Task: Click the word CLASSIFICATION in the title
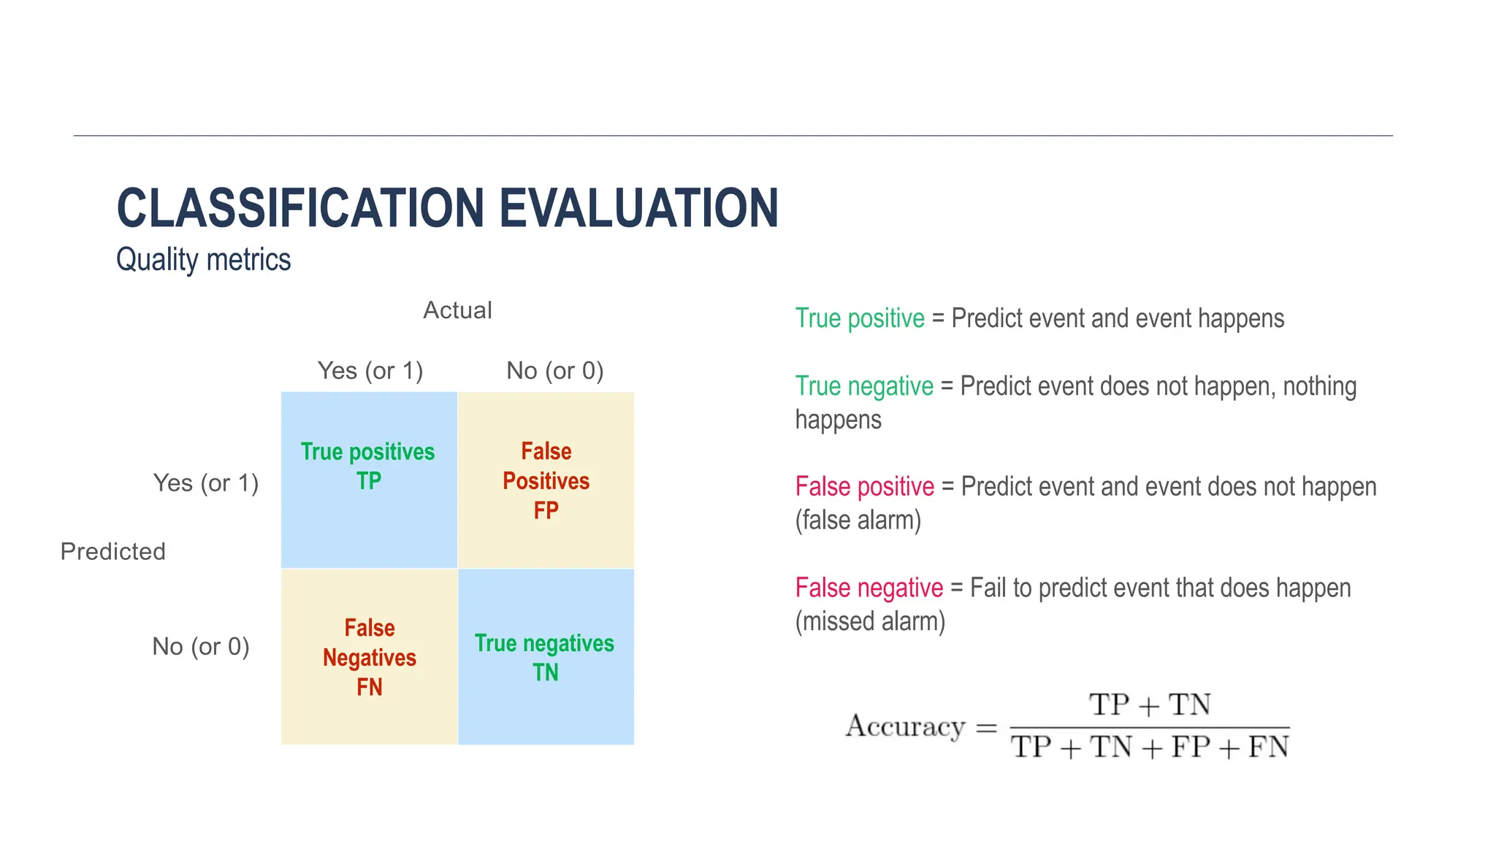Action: (299, 208)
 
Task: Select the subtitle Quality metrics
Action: (203, 260)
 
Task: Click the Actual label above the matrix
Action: (457, 310)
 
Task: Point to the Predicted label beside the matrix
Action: (112, 551)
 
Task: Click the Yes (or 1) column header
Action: (370, 371)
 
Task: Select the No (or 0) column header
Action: (554, 371)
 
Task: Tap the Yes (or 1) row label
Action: (205, 483)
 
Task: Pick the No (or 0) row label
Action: (200, 647)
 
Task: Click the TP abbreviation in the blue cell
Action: (369, 481)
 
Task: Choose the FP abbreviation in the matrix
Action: (546, 510)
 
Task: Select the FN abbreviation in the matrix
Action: (369, 687)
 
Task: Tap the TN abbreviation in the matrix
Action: (545, 672)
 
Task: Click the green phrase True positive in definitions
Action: (859, 319)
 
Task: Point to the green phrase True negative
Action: (863, 386)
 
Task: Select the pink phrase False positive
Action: (864, 487)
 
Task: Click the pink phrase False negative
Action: (869, 588)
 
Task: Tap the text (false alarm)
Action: (858, 521)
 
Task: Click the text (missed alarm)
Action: (869, 621)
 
